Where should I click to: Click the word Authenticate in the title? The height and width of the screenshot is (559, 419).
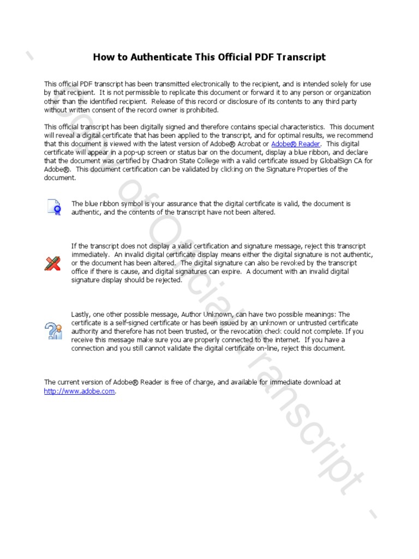tap(149, 57)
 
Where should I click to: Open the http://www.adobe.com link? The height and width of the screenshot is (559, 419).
tap(80, 391)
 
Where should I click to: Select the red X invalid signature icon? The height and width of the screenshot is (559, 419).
tap(52, 263)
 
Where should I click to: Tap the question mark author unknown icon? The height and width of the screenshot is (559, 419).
tap(53, 331)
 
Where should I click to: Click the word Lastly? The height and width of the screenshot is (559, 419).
tap(81, 314)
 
